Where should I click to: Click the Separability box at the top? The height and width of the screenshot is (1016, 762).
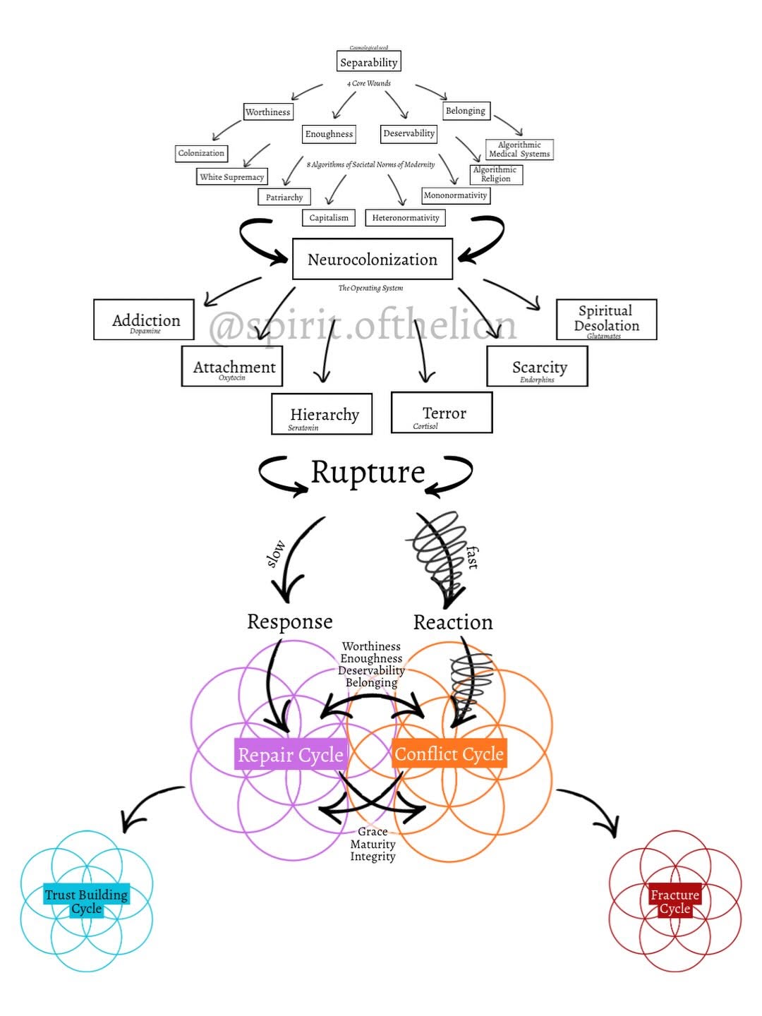(x=368, y=62)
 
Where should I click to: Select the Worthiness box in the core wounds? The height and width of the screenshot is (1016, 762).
(x=267, y=111)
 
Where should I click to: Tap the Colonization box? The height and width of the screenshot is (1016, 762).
(x=201, y=153)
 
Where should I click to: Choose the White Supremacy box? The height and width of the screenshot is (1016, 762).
(x=231, y=176)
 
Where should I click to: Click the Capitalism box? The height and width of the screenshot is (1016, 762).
(x=329, y=217)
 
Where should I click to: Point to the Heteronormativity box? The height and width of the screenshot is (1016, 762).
(x=405, y=217)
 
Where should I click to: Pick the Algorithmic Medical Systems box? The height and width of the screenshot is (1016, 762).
(x=519, y=150)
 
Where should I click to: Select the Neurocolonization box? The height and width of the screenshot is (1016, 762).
(x=372, y=260)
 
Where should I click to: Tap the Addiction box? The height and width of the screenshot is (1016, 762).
(x=145, y=320)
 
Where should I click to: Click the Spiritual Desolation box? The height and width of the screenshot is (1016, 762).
(x=606, y=319)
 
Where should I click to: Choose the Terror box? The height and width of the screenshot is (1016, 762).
(x=442, y=413)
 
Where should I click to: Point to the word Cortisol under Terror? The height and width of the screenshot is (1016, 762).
(x=425, y=426)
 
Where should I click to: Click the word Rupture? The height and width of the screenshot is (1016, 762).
(x=368, y=472)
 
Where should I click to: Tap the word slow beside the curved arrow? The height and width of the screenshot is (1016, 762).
(x=275, y=553)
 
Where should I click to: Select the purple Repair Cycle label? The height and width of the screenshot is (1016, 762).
(x=290, y=754)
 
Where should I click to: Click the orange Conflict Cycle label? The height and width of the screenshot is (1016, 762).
(x=449, y=754)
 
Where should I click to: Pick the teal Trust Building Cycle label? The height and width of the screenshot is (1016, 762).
(x=86, y=901)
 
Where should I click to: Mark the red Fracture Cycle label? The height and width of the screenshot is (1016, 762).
(x=675, y=901)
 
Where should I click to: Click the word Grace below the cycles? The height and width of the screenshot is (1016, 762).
(x=373, y=832)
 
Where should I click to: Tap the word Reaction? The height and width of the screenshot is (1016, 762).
(x=453, y=622)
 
